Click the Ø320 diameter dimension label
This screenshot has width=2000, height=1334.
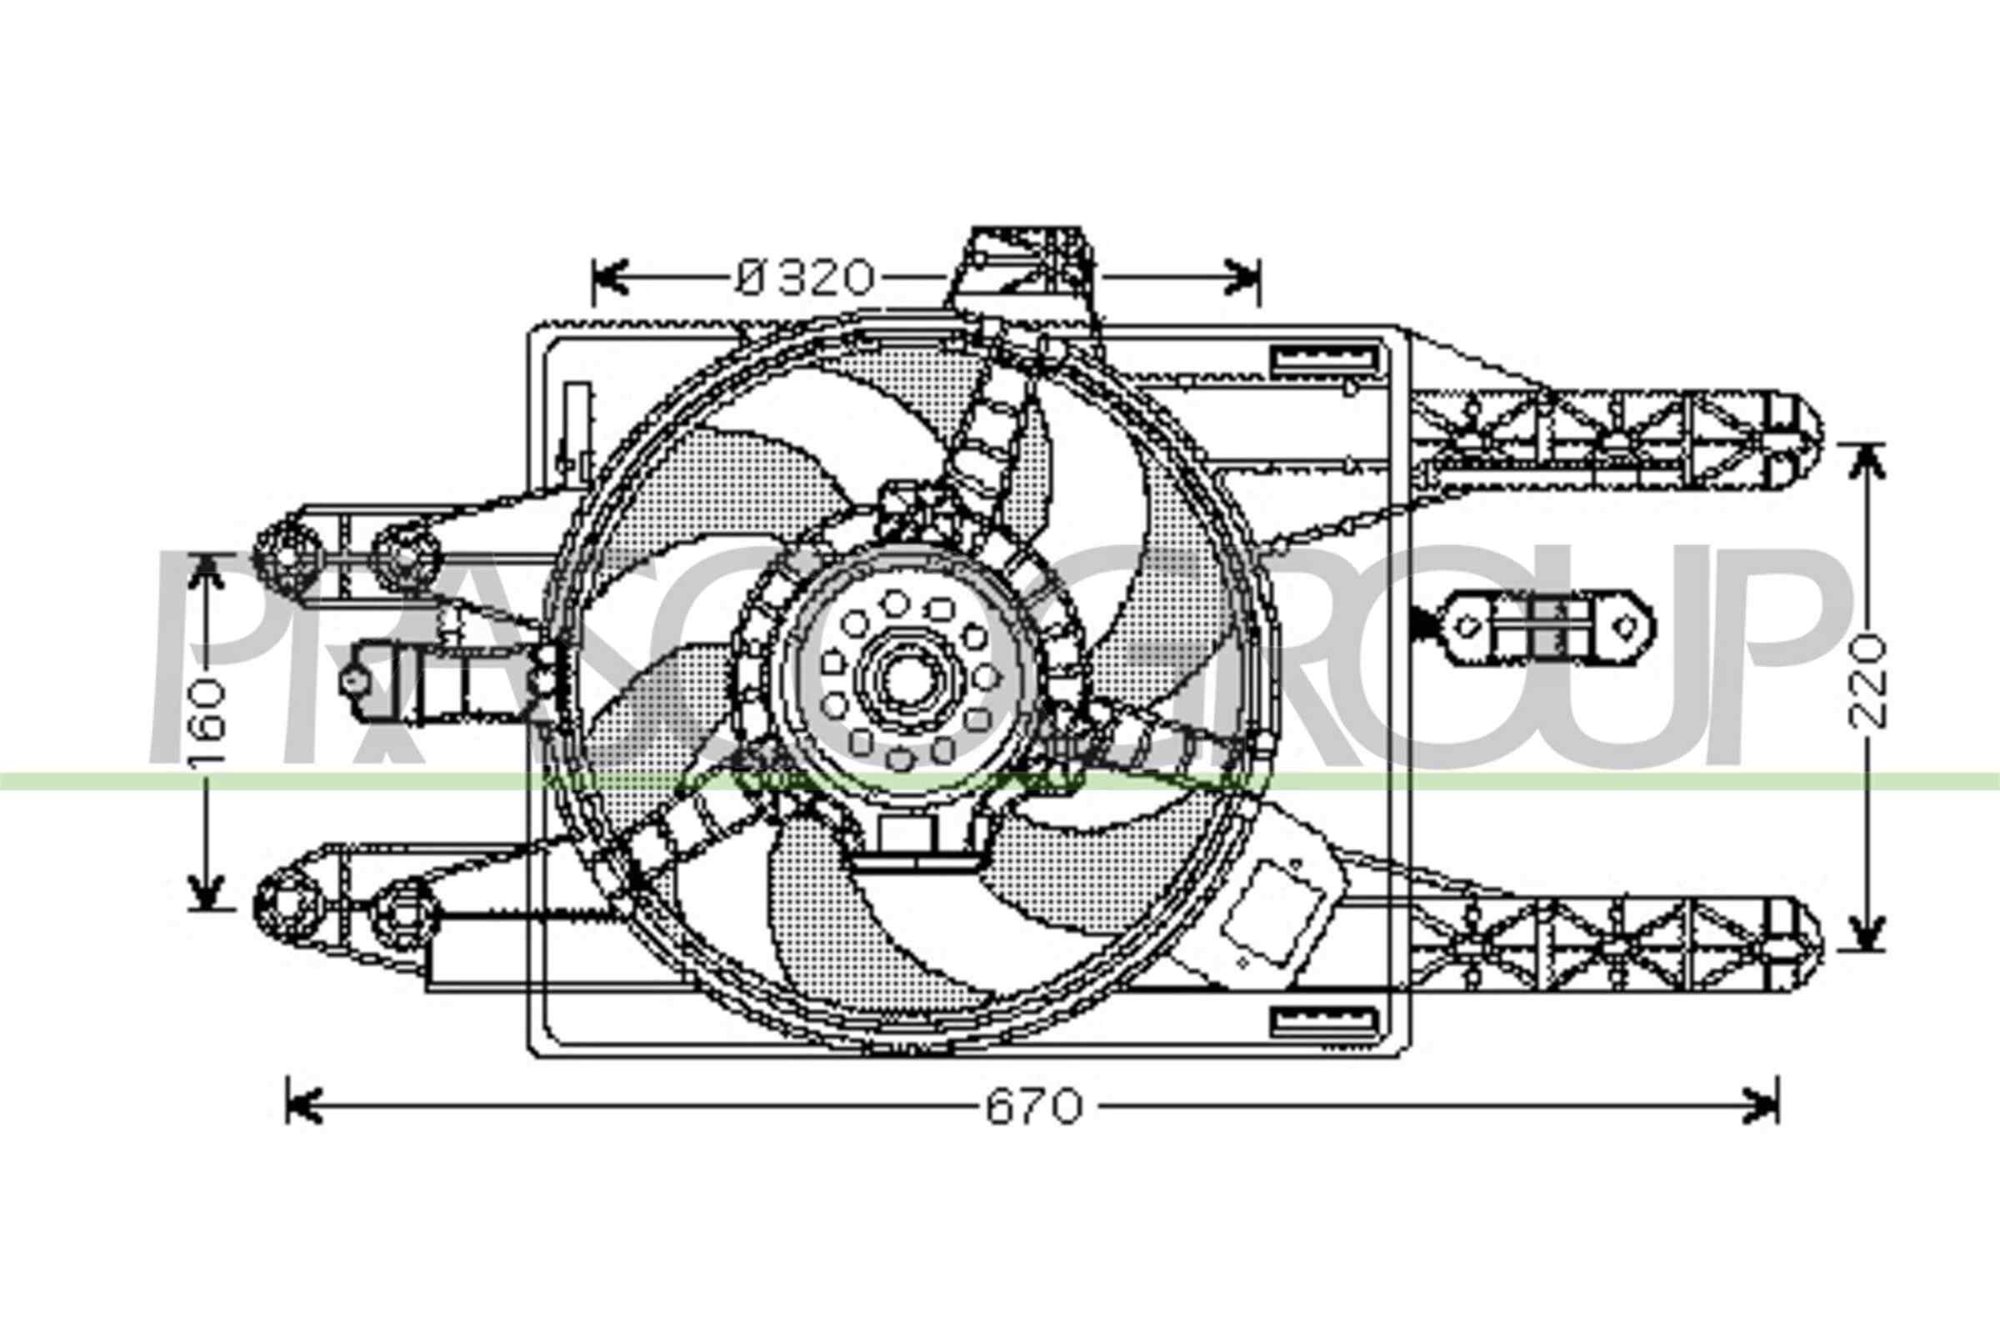[804, 278]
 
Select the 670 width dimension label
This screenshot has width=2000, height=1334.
[1034, 1107]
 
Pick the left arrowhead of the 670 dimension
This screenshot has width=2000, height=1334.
[302, 1106]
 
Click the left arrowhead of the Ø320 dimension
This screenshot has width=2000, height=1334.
[609, 278]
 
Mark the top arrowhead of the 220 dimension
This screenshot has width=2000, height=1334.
[1866, 460]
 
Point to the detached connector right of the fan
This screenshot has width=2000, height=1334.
[1548, 627]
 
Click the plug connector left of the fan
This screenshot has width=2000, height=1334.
[442, 680]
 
